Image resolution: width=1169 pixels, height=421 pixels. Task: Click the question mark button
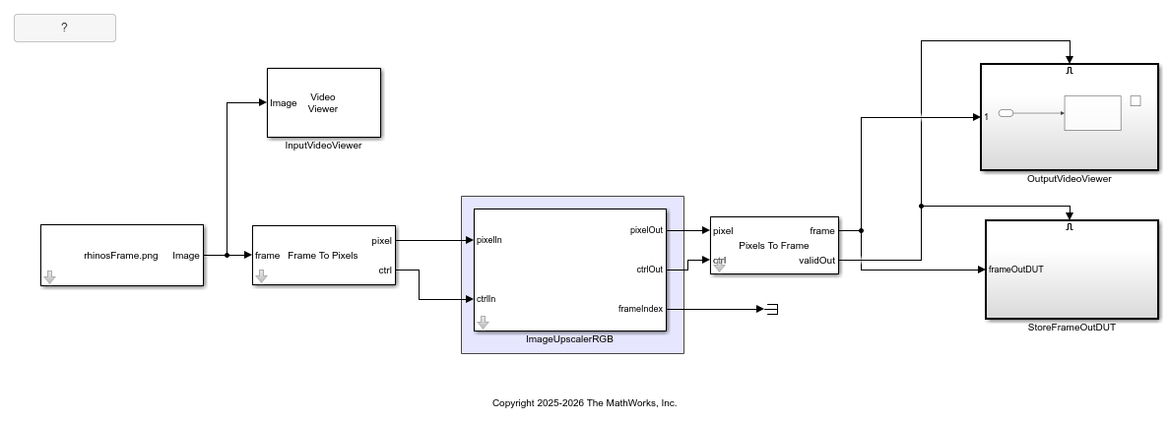(64, 28)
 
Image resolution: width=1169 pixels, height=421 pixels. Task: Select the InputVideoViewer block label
(323, 147)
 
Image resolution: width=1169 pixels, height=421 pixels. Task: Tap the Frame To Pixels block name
(322, 256)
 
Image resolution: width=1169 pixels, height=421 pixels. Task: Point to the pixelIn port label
(489, 239)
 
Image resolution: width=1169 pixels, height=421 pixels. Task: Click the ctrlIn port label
(487, 299)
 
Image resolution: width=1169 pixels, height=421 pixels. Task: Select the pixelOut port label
(646, 230)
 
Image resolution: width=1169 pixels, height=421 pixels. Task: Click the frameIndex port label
(640, 309)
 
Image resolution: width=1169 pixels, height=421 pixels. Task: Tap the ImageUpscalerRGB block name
(571, 339)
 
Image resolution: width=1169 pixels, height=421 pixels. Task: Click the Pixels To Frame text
(773, 245)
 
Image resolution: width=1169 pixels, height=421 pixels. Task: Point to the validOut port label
(816, 261)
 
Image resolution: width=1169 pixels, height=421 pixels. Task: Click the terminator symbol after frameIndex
(772, 309)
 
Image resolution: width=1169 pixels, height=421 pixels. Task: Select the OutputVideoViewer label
(1068, 179)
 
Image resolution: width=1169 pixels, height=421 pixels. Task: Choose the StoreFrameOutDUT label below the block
(1071, 328)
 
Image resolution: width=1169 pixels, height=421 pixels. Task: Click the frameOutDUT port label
(1015, 269)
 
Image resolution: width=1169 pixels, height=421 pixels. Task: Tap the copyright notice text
(584, 403)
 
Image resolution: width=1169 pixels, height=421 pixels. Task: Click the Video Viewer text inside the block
(323, 102)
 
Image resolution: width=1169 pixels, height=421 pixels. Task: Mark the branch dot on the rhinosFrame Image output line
(227, 256)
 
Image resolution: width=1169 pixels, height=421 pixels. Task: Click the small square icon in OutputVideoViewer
(1135, 100)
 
